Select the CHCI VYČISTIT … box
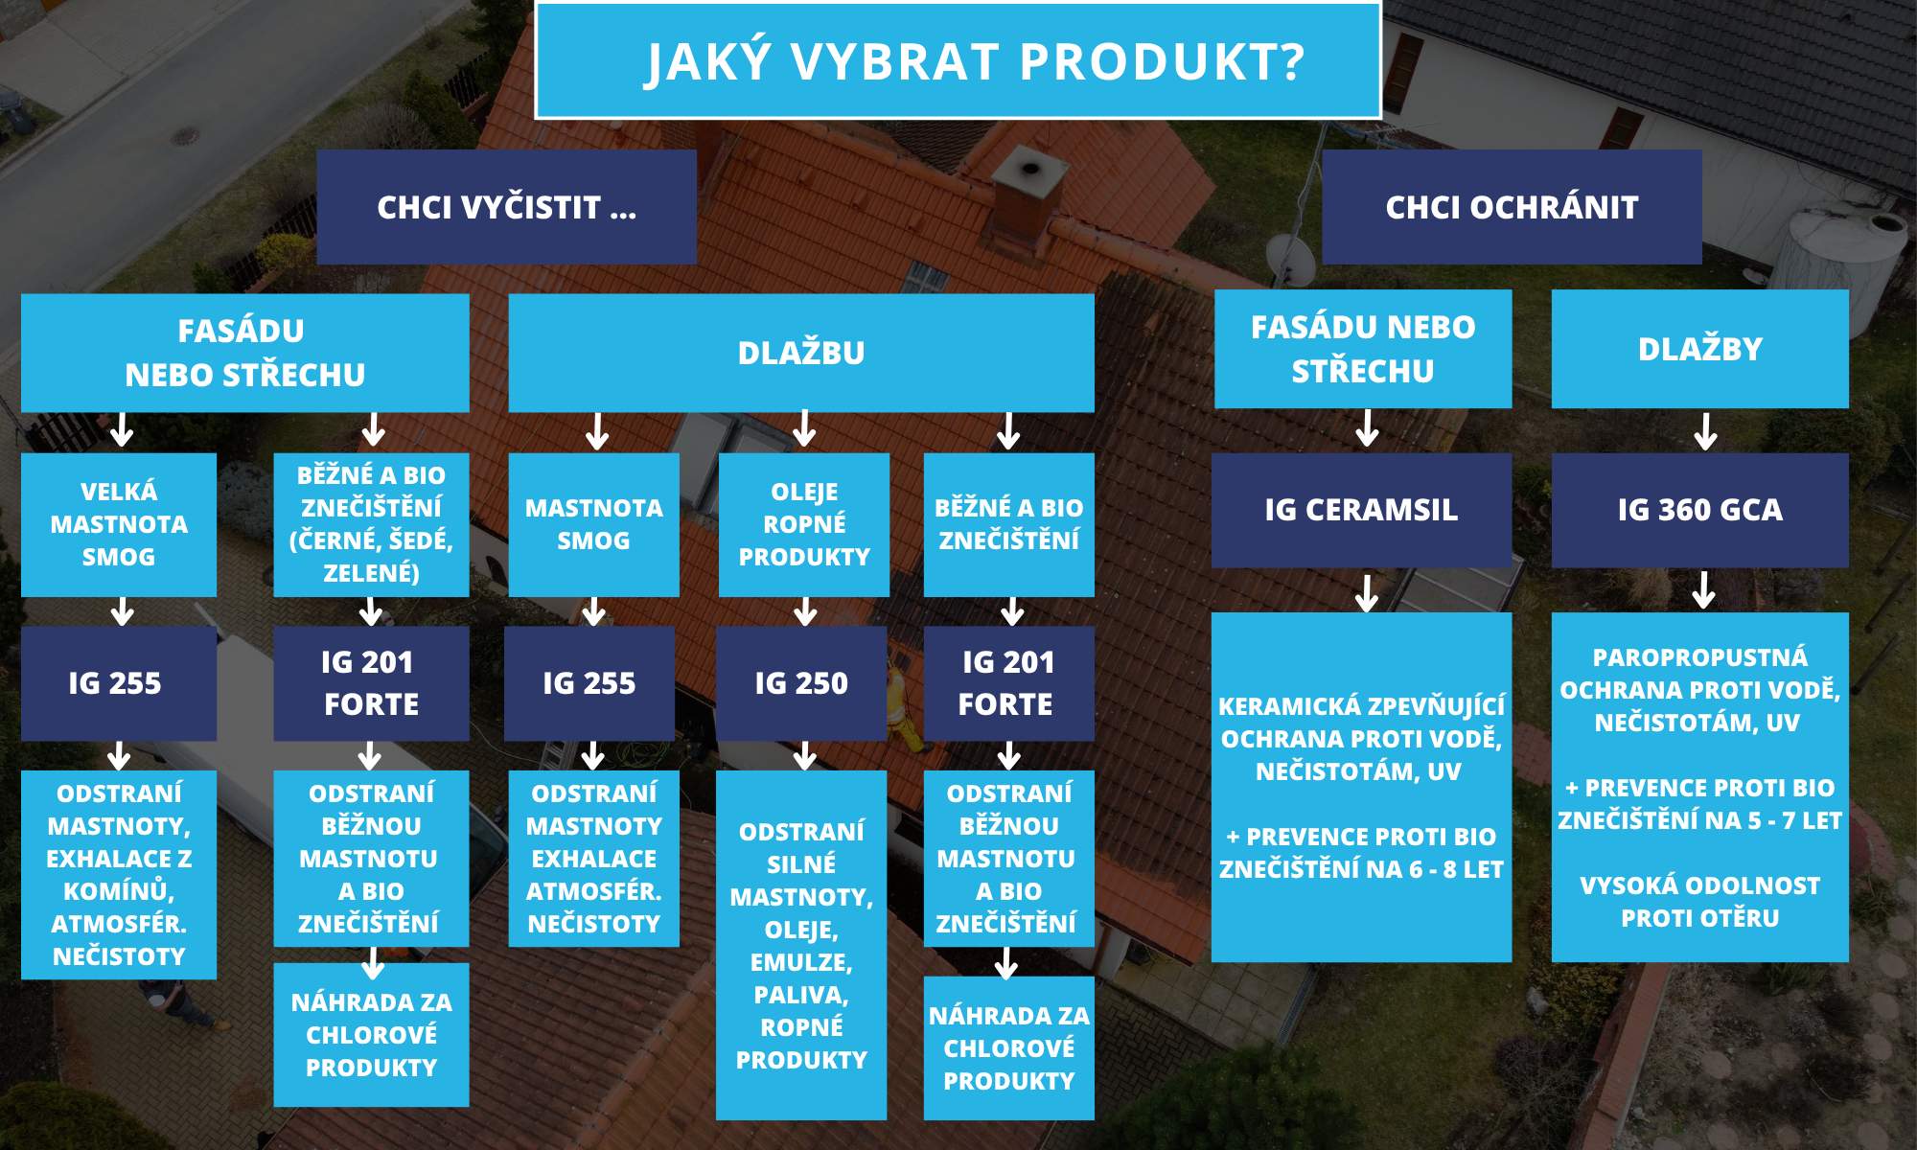click(x=506, y=207)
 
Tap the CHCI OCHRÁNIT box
click(x=1512, y=207)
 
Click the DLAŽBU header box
click(x=801, y=353)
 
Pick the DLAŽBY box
click(x=1699, y=349)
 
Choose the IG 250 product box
click(x=801, y=683)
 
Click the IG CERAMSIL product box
click(x=1361, y=510)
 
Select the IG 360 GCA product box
click(x=1699, y=510)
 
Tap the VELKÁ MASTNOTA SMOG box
click(x=119, y=524)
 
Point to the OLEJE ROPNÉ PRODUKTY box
click(x=804, y=524)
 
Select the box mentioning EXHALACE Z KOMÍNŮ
click(x=119, y=874)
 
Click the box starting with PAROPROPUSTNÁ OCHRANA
click(x=1699, y=786)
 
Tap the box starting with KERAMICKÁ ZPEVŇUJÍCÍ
click(x=1361, y=786)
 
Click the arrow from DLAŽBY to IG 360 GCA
click(x=1705, y=431)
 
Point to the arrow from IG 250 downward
click(x=805, y=755)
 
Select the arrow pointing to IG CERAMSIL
click(x=1367, y=428)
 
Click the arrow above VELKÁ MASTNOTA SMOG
click(x=122, y=430)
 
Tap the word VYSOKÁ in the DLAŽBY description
click(x=1621, y=885)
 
